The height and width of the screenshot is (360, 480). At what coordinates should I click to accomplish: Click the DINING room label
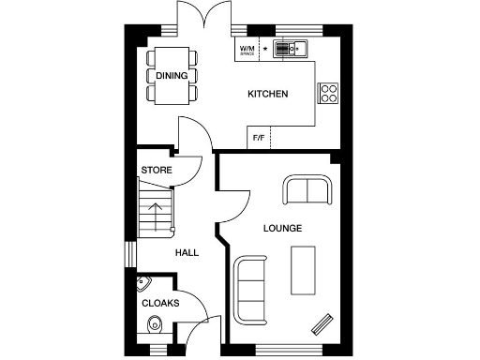coord(172,76)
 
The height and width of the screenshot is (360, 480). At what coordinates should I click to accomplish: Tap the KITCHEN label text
coord(267,95)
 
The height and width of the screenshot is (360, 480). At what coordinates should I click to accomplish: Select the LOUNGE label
coord(282,228)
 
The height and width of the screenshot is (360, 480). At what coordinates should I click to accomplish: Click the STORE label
coord(156,170)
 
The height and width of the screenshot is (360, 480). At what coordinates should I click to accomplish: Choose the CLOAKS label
coord(160,304)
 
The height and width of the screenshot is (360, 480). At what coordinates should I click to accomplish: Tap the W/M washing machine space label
coord(247,49)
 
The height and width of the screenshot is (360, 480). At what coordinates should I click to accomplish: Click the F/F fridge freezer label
coord(259,139)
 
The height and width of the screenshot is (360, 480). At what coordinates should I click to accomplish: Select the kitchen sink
coord(291,49)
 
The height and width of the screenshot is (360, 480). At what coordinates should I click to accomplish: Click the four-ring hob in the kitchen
coord(329,92)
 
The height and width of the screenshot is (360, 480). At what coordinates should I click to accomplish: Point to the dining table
coord(172,75)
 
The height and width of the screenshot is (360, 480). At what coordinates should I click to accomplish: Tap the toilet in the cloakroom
coord(155,326)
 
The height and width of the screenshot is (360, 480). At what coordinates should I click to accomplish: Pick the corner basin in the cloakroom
coord(145,283)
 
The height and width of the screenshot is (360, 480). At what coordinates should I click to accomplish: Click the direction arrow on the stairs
coord(157,207)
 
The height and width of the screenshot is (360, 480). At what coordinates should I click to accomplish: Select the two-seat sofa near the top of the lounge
coord(307,189)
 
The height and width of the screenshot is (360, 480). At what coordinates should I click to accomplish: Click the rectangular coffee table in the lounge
coord(304,267)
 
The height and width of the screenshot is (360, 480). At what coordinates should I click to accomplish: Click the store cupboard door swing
coord(189,170)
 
